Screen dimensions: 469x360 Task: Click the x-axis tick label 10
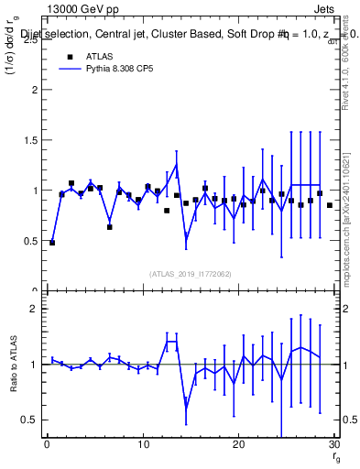coord(143,445)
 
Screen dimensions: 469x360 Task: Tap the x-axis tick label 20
coord(238,445)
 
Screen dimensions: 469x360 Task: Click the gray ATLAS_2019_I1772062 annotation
coord(191,274)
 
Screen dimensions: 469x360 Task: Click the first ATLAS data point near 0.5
coord(52,243)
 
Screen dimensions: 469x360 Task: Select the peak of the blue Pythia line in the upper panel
coord(176,165)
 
